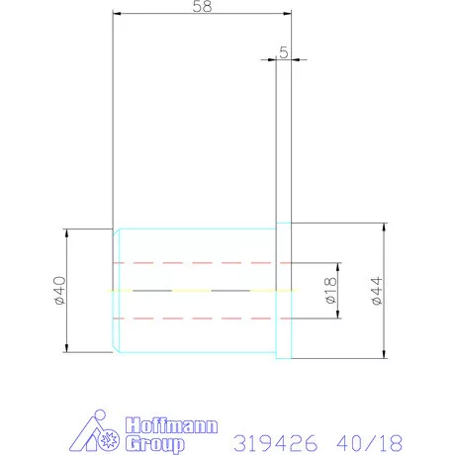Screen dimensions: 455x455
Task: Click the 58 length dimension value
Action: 202,6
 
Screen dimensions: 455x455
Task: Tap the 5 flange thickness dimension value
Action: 284,52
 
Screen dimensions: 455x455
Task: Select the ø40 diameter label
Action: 60,291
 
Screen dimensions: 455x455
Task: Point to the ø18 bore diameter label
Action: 330,291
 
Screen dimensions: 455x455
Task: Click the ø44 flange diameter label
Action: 377,291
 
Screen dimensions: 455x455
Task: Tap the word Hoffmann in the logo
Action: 171,425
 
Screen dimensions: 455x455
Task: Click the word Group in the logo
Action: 155,444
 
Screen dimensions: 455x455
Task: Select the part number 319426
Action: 276,443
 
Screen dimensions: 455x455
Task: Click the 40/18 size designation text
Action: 370,443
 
